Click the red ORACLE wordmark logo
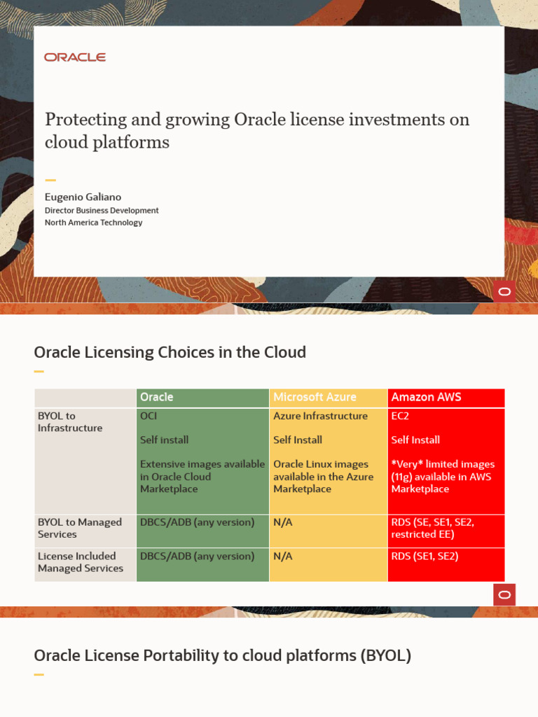[75, 57]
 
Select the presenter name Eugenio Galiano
[83, 197]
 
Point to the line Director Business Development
[102, 210]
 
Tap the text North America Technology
[93, 223]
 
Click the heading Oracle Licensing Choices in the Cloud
[170, 352]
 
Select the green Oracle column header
[157, 397]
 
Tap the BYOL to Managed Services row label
[79, 528]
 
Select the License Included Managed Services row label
[80, 562]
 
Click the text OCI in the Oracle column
[149, 416]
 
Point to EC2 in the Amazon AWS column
[401, 416]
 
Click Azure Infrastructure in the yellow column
[320, 416]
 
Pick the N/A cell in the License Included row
[282, 556]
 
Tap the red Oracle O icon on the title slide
[504, 291]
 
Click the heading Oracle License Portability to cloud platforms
[222, 656]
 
